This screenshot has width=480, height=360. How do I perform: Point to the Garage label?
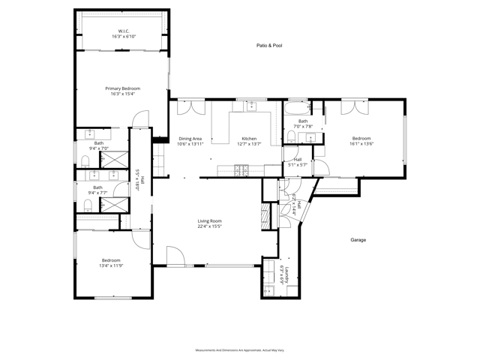tap(358, 240)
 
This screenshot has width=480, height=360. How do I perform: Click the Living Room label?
tap(209, 220)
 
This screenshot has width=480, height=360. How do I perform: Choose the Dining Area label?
tap(190, 138)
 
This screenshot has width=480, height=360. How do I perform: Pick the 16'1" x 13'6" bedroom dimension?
tap(361, 143)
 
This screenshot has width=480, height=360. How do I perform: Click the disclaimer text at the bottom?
tap(239, 350)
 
